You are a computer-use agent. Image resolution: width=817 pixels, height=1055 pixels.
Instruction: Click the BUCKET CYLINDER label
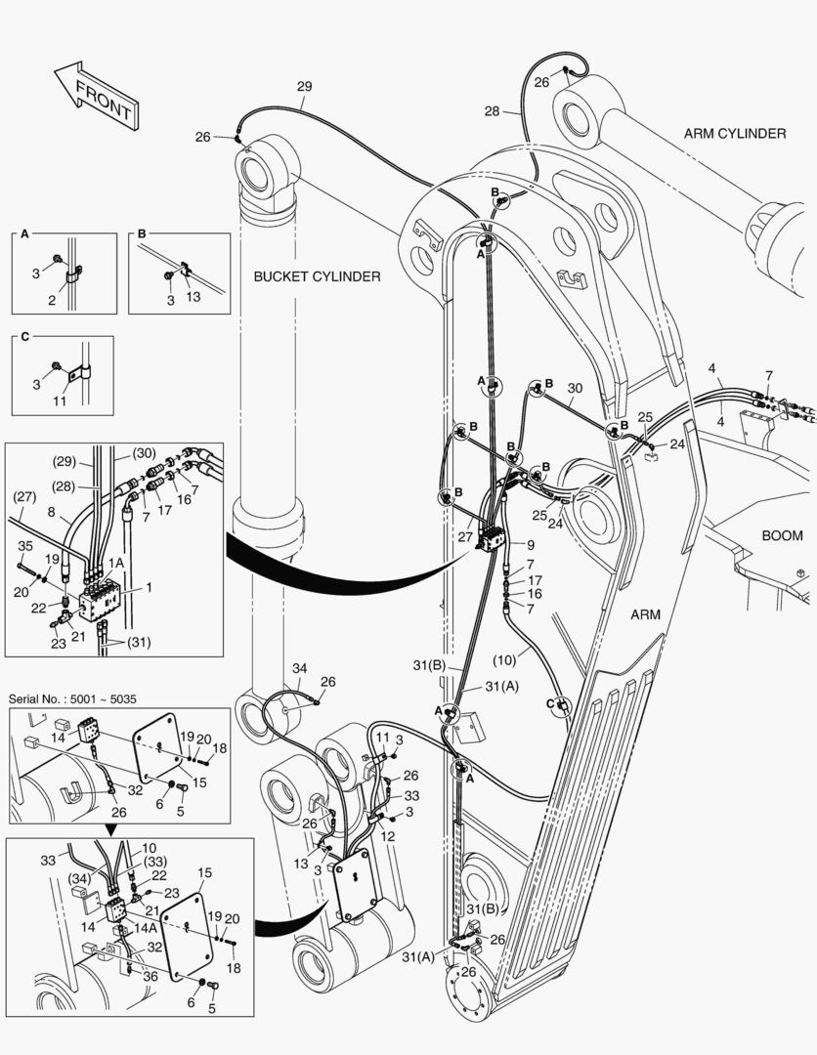(x=317, y=276)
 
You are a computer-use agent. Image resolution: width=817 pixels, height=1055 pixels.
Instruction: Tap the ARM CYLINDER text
(x=734, y=133)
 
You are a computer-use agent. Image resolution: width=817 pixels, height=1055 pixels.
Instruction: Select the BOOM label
(x=782, y=535)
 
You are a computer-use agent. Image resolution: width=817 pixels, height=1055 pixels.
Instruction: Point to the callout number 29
(x=304, y=87)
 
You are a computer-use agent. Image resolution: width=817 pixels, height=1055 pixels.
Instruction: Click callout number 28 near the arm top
(x=492, y=111)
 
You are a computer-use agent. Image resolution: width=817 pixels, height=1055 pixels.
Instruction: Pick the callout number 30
(x=575, y=388)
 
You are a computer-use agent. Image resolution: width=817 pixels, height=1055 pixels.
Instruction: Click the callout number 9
(x=530, y=544)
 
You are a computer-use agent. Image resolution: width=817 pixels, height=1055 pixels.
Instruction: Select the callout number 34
(x=300, y=667)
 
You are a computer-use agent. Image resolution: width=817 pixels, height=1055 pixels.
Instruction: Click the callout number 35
(x=25, y=546)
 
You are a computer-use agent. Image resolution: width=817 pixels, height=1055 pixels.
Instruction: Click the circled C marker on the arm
(x=560, y=703)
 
